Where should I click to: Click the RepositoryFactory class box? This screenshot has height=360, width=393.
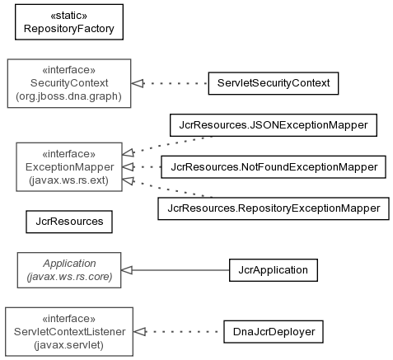[x=69, y=22]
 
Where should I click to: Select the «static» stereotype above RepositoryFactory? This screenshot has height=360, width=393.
[x=69, y=16]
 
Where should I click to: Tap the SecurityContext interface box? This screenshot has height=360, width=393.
[x=69, y=83]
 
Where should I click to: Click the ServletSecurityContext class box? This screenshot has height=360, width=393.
[x=274, y=83]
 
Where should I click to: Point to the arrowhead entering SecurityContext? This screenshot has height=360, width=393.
[x=138, y=83]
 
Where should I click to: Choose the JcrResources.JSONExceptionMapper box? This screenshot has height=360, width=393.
[x=274, y=125]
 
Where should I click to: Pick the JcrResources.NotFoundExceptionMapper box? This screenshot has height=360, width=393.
[x=274, y=167]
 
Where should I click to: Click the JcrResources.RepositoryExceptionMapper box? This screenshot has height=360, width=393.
[x=274, y=208]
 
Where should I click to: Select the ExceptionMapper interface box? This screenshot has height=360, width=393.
[x=69, y=166]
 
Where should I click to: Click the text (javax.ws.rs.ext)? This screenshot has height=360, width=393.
[x=68, y=180]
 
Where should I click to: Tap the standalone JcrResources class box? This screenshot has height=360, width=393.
[x=69, y=222]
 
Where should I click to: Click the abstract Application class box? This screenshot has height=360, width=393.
[x=69, y=270]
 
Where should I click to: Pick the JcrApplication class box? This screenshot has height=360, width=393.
[x=274, y=270]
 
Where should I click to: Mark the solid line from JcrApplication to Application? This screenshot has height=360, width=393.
[x=180, y=270]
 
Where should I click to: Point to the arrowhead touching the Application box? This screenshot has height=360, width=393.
[x=127, y=270]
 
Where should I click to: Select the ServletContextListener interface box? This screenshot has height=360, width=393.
[x=69, y=332]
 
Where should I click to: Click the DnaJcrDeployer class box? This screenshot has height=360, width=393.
[x=274, y=332]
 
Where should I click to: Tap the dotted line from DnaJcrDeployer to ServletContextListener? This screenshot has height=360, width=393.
[x=181, y=332]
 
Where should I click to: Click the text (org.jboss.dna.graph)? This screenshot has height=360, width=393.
[x=68, y=96]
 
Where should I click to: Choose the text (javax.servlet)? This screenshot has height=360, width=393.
[x=68, y=345]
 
